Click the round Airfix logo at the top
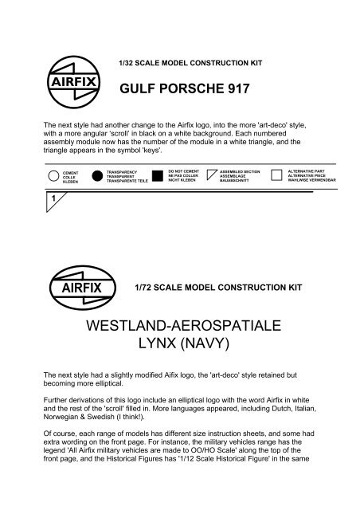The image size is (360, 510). (61, 64)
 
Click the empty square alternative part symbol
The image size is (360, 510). (276, 175)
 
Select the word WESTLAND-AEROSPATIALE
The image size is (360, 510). (180, 328)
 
